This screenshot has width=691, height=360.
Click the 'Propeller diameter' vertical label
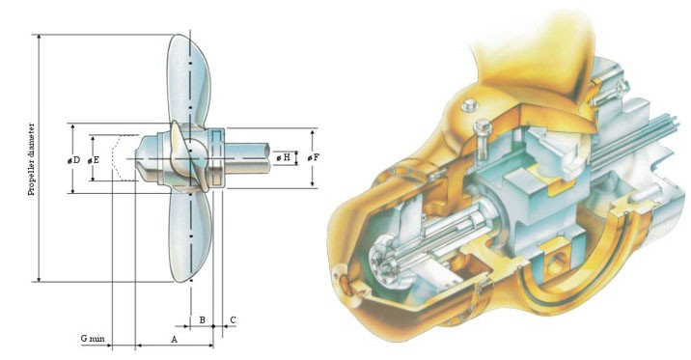pos(31,159)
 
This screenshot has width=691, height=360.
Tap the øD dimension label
pos(73,160)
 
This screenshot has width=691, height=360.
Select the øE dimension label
pos(93,160)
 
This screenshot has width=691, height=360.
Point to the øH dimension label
pos(284,157)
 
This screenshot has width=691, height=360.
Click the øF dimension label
pos(313,157)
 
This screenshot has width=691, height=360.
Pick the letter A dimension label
pos(174,340)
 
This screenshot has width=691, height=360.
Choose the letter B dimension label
pos(202,319)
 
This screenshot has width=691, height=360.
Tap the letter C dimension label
pos(233,319)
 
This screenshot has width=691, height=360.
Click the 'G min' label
pos(93,339)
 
